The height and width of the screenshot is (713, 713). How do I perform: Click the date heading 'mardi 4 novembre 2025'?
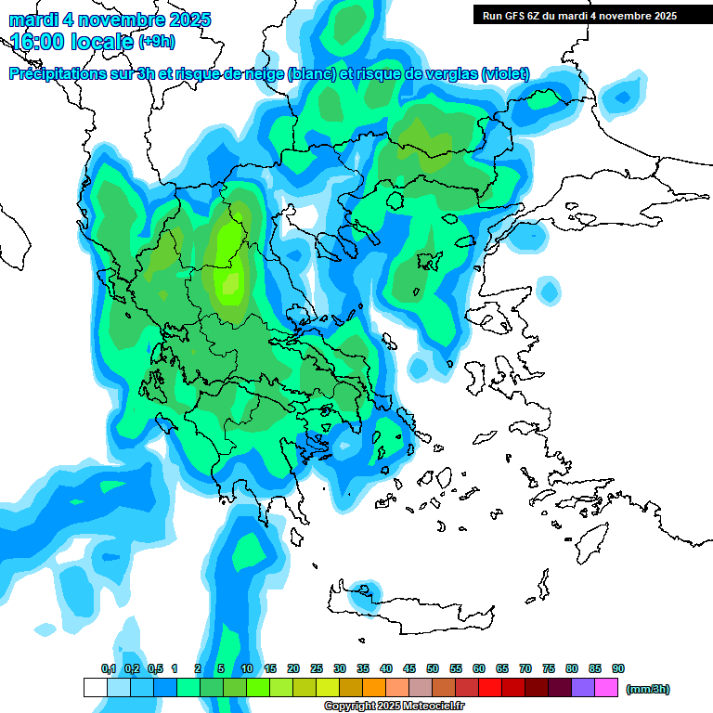[x=110, y=19]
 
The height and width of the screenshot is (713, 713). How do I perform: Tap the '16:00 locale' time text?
[x=72, y=42]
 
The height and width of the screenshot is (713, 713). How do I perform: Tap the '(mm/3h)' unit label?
[x=647, y=689]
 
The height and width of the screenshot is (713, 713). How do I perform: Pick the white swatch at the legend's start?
[x=96, y=687]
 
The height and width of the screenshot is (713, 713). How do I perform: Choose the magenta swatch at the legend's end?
[x=606, y=687]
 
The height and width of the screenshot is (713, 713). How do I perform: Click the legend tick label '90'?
[x=618, y=668]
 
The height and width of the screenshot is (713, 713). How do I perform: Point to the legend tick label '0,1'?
[x=109, y=668]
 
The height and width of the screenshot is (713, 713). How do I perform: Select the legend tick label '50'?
[x=433, y=668]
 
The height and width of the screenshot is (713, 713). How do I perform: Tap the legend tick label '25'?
[x=317, y=668]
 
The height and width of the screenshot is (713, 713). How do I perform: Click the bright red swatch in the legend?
[x=490, y=687]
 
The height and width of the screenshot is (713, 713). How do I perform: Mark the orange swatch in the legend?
[x=374, y=687]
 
